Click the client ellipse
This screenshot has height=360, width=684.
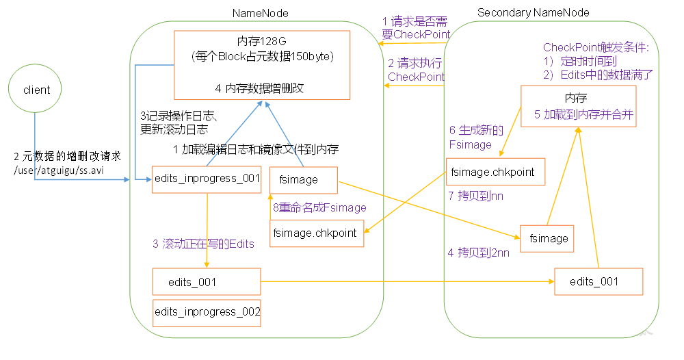point(37,90)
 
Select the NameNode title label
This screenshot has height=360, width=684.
point(260,13)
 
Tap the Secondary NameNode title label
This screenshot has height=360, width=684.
point(533,13)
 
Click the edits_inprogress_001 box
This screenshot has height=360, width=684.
point(207,179)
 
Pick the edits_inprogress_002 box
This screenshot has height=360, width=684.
point(207,312)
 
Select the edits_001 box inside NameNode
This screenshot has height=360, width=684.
point(207,282)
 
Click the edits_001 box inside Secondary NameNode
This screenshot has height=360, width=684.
point(598,281)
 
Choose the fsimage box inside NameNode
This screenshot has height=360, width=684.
point(304,179)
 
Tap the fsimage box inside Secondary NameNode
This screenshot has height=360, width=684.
point(548,238)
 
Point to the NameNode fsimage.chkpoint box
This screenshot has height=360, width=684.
point(316,233)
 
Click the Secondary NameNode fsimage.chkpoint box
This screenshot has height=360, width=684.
point(495,171)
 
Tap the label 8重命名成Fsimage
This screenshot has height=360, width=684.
point(320,207)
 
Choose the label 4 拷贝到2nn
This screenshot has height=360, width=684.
point(479,253)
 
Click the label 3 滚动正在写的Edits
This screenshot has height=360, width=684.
point(203,244)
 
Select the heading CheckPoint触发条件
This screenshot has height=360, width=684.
point(595,47)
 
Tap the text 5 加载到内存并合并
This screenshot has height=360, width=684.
point(584,115)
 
